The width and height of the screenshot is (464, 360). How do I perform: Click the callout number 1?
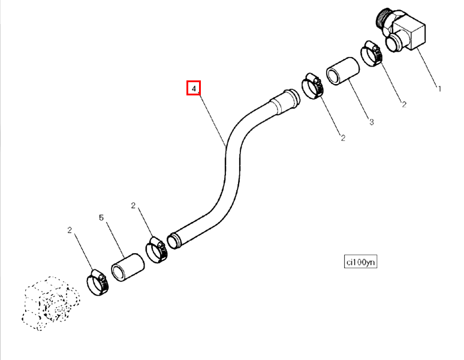[x=439, y=89]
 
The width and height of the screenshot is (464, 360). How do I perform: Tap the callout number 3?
[x=372, y=122]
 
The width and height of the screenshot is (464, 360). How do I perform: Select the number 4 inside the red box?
[x=194, y=88]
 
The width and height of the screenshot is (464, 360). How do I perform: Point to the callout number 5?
[x=101, y=218]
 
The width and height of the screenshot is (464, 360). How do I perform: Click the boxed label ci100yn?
[x=360, y=262]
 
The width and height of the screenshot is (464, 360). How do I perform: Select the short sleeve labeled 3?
[x=343, y=71]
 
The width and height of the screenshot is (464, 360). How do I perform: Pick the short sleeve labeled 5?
[x=128, y=268]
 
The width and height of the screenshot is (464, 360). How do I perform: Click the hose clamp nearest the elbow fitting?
[x=371, y=53]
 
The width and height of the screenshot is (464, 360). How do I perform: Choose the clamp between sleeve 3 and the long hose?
[x=312, y=86]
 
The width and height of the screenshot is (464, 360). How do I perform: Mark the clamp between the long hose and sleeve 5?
[x=156, y=250]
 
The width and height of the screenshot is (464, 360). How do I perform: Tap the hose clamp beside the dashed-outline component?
[x=98, y=283]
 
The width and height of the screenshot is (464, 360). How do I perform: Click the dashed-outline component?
[x=51, y=303]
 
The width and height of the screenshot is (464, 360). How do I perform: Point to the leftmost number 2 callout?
[x=70, y=230]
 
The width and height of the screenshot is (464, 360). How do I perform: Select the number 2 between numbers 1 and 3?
[x=404, y=104]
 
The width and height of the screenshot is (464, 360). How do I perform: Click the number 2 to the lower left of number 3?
[x=343, y=138]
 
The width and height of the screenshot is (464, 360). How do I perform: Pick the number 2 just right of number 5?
[x=133, y=205]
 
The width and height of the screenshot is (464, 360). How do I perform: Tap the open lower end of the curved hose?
[x=173, y=241]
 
